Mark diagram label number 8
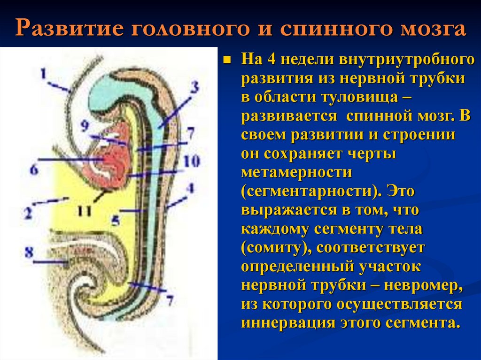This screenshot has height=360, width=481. (29, 253)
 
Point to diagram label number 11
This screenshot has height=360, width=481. (85, 211)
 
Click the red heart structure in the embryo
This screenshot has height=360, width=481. (113, 157)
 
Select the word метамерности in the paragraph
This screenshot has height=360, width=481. (296, 172)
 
